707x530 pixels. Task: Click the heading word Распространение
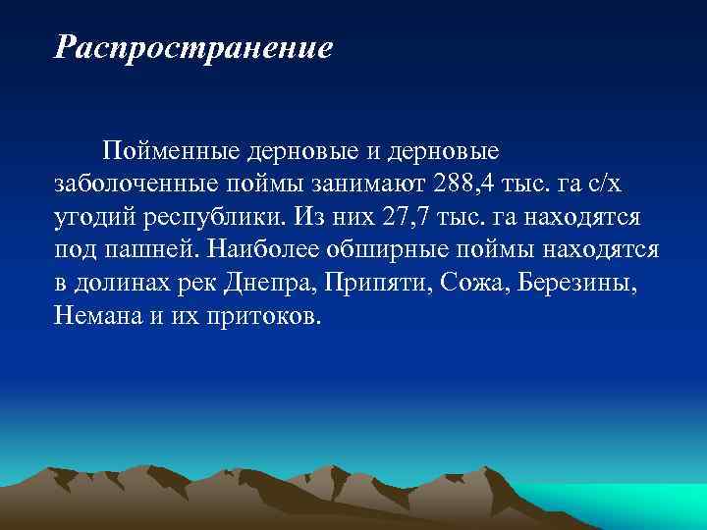193,46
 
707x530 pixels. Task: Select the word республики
209,218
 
